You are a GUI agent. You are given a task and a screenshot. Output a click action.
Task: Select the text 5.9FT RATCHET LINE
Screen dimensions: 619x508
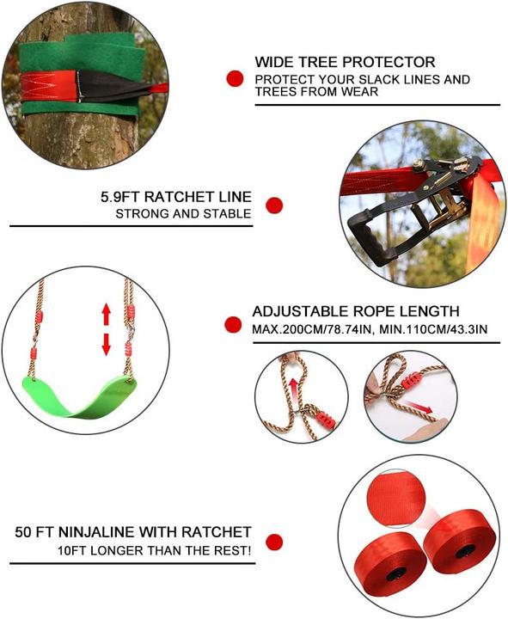pyautogui.click(x=175, y=197)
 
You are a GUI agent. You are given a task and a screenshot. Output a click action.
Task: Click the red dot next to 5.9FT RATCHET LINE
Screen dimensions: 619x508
pyautogui.click(x=274, y=205)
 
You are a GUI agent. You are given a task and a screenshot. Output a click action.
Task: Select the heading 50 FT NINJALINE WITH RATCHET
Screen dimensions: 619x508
pyautogui.click(x=133, y=532)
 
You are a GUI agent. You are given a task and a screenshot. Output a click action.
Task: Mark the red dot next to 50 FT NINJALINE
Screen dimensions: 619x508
pyautogui.click(x=274, y=542)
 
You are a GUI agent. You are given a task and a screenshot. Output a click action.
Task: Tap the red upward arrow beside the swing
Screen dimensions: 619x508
pyautogui.click(x=106, y=313)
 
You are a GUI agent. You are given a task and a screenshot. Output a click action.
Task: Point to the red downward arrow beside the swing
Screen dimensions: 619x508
pyautogui.click(x=106, y=343)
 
